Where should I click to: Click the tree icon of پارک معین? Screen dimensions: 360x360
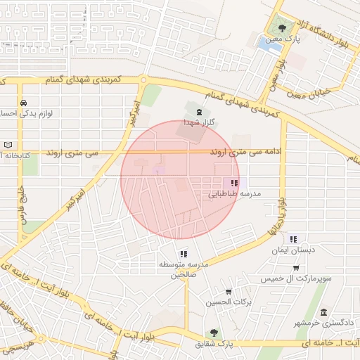coord(282,28)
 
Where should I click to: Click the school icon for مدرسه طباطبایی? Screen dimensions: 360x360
coord(234,183)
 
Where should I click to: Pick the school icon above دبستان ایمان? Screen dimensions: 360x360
coord(293,239)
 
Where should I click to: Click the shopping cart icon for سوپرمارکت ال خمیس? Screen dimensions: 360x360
coord(296,268)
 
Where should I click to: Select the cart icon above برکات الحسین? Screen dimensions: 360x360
coord(229,292)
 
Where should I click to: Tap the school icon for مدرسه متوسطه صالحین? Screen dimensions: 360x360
coord(184,254)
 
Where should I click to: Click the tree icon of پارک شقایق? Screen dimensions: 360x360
coord(214,333)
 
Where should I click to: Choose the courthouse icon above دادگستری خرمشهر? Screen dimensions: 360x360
coord(323,313)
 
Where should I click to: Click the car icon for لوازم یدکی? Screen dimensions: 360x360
coord(24,102)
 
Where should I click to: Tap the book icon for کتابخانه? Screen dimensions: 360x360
coord(8,144)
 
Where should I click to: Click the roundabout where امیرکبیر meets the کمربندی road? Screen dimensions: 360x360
coord(143,80)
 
